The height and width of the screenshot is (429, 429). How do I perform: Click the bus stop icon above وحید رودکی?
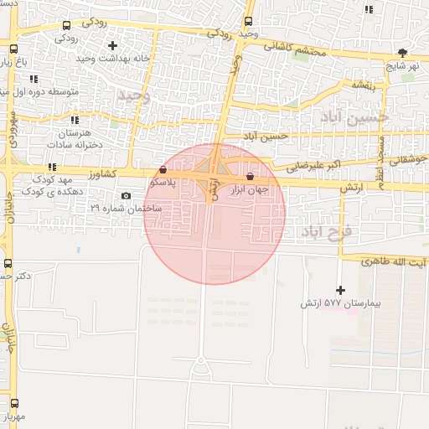248,22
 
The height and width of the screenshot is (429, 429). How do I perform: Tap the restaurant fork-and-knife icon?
370,10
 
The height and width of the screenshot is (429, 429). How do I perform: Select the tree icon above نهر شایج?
403,52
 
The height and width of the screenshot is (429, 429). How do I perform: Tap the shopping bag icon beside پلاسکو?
163,169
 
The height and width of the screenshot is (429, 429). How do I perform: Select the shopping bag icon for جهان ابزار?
251,177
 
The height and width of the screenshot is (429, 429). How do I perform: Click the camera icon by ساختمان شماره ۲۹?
126,196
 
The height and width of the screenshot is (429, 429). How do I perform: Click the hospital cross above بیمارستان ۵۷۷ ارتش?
339,290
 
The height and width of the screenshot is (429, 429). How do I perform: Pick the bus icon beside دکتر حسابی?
8,262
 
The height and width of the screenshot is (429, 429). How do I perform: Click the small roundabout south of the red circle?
201,360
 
